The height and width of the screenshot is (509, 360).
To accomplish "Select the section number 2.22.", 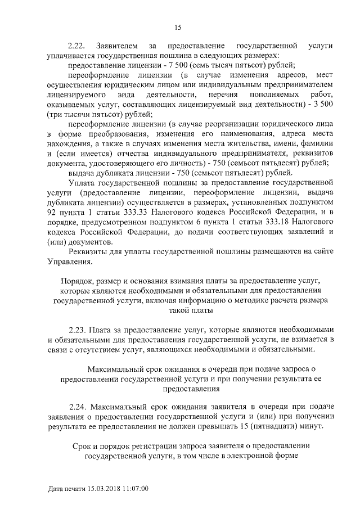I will (x=76, y=45).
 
